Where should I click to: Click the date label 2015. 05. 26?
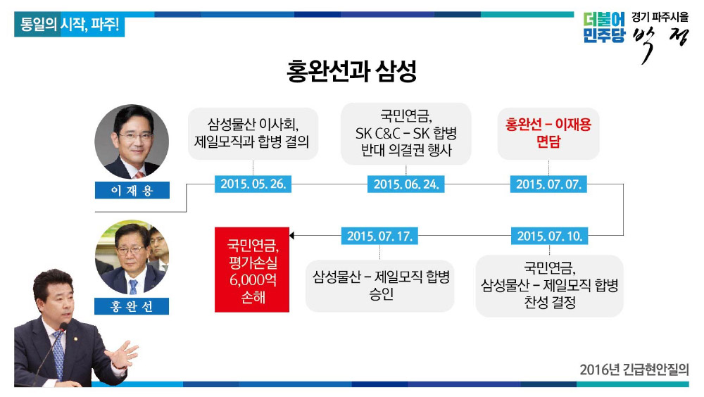pyautogui.click(x=253, y=184)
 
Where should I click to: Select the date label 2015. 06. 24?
pyautogui.click(x=406, y=184)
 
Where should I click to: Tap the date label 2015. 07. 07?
pyautogui.click(x=548, y=184)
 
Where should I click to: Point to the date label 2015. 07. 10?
pyautogui.click(x=549, y=236)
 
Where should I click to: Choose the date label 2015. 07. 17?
pyautogui.click(x=379, y=236)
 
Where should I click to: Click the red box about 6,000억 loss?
pyautogui.click(x=252, y=270)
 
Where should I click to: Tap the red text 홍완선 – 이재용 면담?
pyautogui.click(x=548, y=133)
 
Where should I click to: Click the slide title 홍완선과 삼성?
pyautogui.click(x=351, y=71)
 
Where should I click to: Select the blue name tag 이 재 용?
pyautogui.click(x=132, y=190)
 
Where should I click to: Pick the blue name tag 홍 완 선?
pyautogui.click(x=132, y=306)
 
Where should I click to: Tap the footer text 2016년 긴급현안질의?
pyautogui.click(x=634, y=370)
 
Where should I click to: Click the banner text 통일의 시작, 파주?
pyautogui.click(x=70, y=25)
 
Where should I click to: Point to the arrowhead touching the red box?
pyautogui.click(x=292, y=236)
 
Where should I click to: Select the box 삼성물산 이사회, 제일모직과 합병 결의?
pyautogui.click(x=253, y=133)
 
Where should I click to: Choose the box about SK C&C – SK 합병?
pyautogui.click(x=406, y=133)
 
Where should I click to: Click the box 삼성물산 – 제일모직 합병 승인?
pyautogui.click(x=380, y=286)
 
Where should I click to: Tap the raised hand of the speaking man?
pyautogui.click(x=123, y=353)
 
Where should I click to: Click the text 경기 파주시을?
pyautogui.click(x=660, y=17)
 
